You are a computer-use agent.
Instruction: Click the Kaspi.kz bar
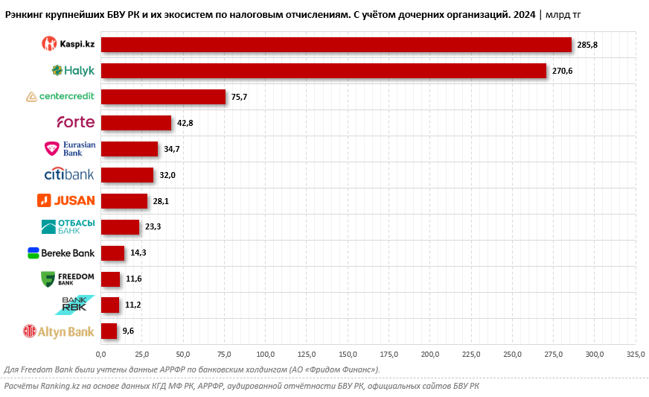(336, 45)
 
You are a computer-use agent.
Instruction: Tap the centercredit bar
(163, 97)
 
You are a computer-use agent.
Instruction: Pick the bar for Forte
(136, 123)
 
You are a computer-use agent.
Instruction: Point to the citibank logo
(69, 175)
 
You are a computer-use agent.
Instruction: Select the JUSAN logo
(66, 200)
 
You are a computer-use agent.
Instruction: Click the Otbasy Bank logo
(68, 226)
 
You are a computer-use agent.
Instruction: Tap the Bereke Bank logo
(61, 253)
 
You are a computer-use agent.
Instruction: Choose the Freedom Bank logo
(68, 279)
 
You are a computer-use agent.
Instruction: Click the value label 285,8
(587, 45)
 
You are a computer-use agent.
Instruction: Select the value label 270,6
(563, 72)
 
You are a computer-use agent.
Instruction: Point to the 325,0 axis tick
(635, 354)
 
